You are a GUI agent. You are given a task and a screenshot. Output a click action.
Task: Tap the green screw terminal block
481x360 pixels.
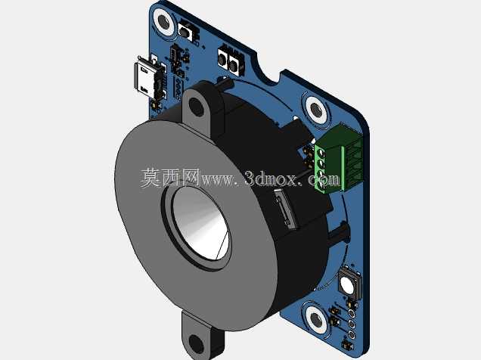tap(340, 158)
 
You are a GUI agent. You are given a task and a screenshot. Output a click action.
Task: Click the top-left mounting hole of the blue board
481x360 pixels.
tap(164, 21)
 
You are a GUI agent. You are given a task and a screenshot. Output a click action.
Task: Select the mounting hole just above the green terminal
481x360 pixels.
tap(316, 109)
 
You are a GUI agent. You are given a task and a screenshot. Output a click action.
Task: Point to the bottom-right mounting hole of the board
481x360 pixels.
tap(315, 319)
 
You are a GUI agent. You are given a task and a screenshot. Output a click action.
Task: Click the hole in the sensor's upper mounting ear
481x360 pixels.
tap(196, 107)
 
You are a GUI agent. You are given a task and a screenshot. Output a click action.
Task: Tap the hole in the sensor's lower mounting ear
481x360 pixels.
tap(196, 343)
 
